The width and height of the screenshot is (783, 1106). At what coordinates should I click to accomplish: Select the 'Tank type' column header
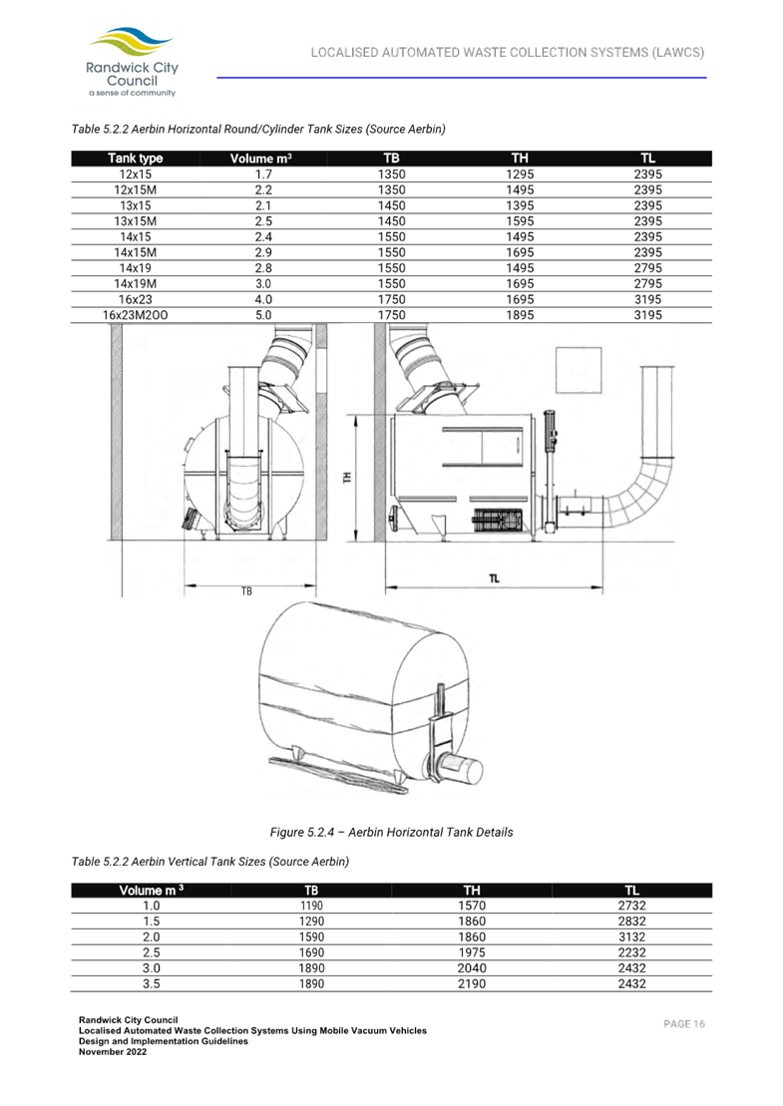(136, 159)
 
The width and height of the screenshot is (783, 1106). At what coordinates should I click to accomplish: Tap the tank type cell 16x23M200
(136, 315)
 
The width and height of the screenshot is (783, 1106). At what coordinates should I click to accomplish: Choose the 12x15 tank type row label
(136, 175)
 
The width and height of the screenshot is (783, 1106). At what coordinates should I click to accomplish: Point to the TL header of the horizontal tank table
(648, 159)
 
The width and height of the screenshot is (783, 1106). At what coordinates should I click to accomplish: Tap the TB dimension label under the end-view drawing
(246, 590)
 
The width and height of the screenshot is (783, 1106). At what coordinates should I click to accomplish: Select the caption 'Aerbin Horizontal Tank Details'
(391, 832)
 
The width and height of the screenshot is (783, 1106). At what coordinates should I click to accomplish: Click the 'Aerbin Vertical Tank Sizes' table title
(210, 862)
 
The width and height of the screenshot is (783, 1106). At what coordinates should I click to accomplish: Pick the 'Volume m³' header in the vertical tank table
(152, 891)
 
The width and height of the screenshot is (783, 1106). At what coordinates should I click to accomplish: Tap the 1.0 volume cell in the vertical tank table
(152, 906)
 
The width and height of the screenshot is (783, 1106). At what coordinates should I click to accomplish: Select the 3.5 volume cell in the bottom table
(152, 984)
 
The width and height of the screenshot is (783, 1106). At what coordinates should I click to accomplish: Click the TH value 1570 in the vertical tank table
(472, 906)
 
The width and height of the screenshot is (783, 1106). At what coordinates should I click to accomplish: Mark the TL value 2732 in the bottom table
(631, 906)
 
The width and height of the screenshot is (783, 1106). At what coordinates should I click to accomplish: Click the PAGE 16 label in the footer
(684, 1024)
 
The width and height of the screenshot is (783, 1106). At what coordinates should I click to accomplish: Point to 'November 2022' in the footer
(113, 1052)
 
